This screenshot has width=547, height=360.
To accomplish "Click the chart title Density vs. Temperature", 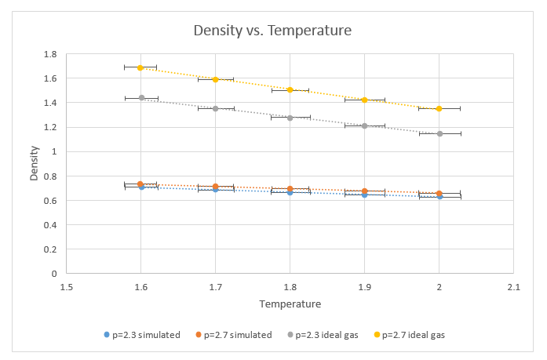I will pos(273,31).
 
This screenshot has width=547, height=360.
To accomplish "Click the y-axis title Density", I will pos(34,164).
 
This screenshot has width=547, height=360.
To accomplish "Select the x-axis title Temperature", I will pos(290,304).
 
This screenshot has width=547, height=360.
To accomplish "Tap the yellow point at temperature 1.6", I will pos(140,67).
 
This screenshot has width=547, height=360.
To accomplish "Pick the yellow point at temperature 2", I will pos(439,108).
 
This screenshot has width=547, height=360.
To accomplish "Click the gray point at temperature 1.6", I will pos(141,98).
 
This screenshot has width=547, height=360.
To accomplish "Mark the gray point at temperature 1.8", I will pos(290,118).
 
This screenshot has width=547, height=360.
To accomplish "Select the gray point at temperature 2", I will pos(440,133).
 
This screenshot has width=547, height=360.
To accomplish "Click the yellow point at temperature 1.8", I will pos(290,89).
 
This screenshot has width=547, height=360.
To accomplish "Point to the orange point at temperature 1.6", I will pos(140,184).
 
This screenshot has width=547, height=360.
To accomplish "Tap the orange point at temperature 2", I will pos(439,194).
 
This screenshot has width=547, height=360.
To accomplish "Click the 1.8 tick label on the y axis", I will pos(50,54).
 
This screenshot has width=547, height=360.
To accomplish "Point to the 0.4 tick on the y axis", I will pos(50,225).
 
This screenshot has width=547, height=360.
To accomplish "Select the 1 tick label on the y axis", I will pos(53,151).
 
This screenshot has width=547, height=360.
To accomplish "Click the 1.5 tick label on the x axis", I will pos(66,286).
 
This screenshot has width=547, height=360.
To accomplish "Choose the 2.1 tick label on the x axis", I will pos(514,286).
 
